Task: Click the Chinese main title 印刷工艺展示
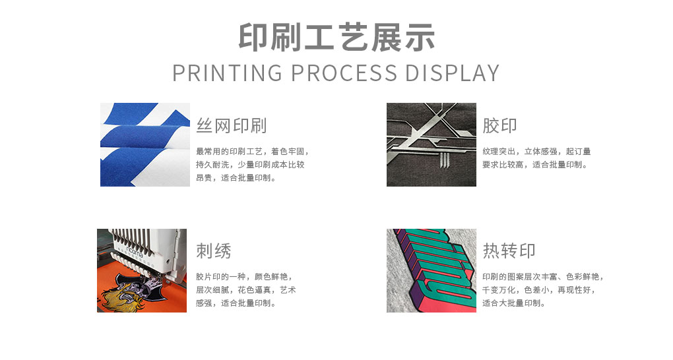[336, 38]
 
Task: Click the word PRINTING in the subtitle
[227, 73]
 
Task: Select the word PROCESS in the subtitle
[344, 73]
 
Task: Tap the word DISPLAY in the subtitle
[453, 73]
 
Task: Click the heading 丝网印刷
[232, 126]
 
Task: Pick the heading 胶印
[499, 126]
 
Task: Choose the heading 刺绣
[214, 251]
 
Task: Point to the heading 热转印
[509, 251]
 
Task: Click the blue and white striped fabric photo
[145, 144]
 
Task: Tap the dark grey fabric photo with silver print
[432, 144]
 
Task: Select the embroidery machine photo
[142, 270]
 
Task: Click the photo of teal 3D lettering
[432, 270]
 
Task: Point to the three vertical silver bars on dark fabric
[444, 160]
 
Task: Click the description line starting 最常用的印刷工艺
[252, 152]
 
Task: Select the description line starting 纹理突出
[536, 152]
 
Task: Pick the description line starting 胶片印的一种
[244, 277]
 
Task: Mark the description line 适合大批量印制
[514, 303]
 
